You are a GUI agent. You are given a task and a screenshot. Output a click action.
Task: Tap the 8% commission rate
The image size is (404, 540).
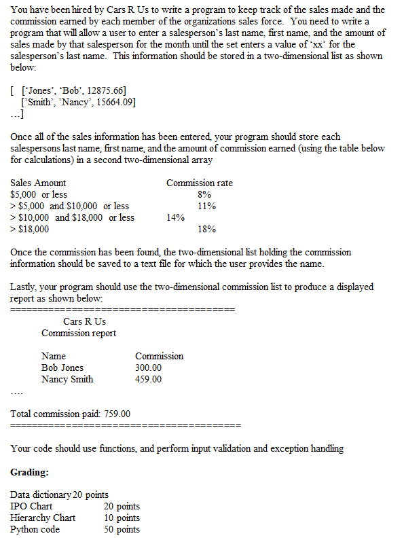point(204,195)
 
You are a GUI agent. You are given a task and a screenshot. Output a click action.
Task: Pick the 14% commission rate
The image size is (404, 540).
point(175,217)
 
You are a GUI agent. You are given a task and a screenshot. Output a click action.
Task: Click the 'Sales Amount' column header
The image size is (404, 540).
point(39,183)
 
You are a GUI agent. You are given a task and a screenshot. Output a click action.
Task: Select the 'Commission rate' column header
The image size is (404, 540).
point(199,183)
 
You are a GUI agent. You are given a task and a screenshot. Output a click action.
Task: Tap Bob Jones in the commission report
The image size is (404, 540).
point(62,368)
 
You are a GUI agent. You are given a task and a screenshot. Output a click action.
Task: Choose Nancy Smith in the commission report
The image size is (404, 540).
point(67,379)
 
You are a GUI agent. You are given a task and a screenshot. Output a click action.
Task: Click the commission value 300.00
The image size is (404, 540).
point(149,368)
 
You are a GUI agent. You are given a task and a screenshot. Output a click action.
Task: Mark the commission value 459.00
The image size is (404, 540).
point(149,379)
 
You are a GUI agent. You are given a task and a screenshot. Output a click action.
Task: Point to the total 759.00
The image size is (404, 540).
point(117,414)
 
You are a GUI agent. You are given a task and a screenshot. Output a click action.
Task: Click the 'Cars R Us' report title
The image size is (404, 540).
point(84,321)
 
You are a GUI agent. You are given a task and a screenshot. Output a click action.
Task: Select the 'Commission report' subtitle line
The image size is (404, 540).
point(79,333)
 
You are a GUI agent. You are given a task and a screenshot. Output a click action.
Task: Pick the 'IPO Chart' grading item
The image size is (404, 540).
point(31,506)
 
